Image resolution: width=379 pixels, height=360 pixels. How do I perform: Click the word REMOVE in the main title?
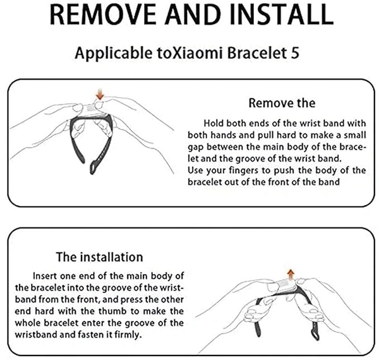[x=103, y=14]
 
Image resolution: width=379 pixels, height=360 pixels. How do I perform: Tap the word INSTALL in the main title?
[x=282, y=14]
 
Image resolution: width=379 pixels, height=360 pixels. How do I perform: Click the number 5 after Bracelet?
[x=295, y=53]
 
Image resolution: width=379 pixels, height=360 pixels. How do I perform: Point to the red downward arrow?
[x=100, y=94]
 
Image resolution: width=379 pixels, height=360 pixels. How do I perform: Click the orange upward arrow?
[x=291, y=275]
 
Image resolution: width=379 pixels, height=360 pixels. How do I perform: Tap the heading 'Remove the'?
[x=282, y=103]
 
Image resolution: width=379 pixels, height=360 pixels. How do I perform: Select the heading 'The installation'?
[x=100, y=257]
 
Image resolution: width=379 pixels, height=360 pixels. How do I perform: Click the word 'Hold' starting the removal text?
[x=214, y=123]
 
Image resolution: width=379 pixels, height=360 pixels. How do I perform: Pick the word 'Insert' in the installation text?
[x=45, y=276]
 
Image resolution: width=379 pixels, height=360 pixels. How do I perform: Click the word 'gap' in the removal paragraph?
[x=196, y=148]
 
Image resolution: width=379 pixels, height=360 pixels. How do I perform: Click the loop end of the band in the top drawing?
[x=93, y=167]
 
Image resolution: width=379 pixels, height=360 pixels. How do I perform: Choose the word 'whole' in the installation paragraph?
[x=28, y=323]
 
